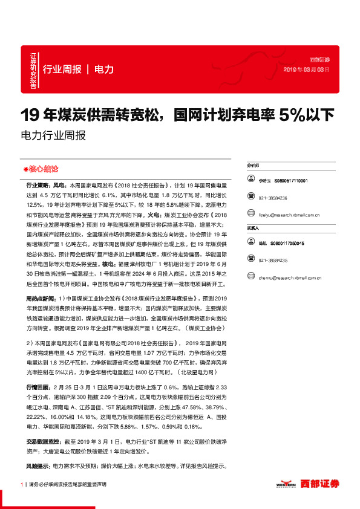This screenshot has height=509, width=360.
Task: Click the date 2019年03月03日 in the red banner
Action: [x=307, y=70]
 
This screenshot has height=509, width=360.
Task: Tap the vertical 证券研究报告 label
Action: [x=33, y=71]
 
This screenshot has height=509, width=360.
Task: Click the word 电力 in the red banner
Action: [x=104, y=69]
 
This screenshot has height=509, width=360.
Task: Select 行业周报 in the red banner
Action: [x=62, y=69]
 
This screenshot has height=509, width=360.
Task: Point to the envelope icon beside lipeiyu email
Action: [x=250, y=214]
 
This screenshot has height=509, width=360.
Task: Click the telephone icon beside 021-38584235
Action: [x=250, y=260]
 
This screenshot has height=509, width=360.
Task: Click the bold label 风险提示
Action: [x=38, y=449]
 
